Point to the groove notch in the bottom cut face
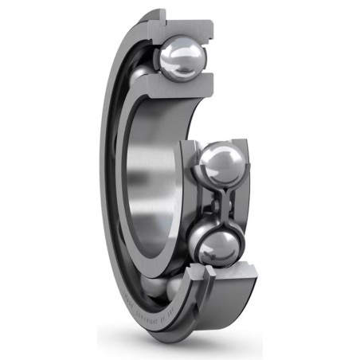209,275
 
